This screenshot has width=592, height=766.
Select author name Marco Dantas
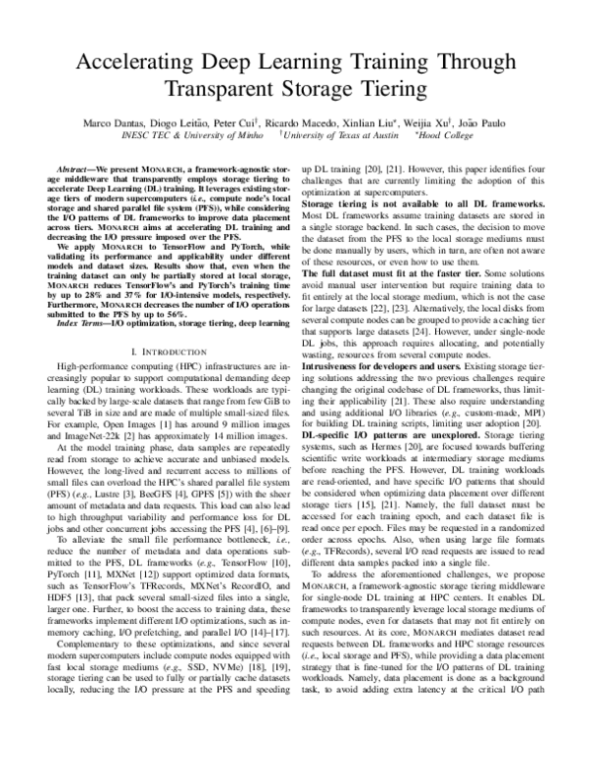click(123, 122)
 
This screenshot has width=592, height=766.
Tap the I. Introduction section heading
click(163, 351)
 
